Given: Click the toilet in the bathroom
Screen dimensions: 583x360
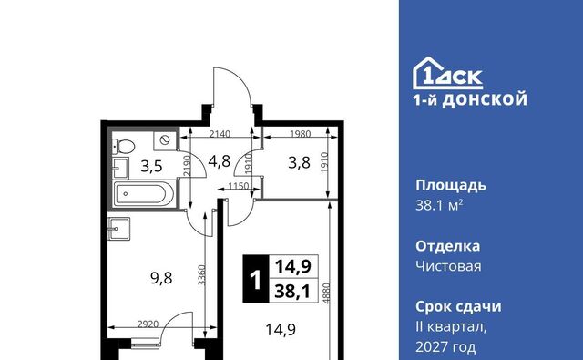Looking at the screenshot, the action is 124,147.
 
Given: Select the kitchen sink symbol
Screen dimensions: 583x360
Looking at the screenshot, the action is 119,229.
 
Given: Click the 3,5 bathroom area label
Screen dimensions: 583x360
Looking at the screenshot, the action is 152,166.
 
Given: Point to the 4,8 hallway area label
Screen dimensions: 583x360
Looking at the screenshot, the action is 220,162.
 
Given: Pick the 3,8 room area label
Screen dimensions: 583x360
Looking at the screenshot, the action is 300,162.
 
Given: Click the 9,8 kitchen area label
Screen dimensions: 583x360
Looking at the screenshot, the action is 161,278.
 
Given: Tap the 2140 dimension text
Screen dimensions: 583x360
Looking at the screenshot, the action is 220,133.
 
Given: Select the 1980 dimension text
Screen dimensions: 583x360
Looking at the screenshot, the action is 300,133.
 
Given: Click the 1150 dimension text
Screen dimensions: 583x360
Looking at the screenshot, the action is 239,185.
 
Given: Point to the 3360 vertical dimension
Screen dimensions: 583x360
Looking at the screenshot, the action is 201,275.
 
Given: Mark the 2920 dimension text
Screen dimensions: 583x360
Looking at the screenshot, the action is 148,324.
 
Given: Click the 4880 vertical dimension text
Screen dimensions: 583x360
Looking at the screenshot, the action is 326,293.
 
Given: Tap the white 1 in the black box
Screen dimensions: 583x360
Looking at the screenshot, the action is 255,279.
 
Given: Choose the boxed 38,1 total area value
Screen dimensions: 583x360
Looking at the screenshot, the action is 292,292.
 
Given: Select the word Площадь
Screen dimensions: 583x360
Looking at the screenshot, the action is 451,185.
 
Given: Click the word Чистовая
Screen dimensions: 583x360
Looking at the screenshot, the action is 448,266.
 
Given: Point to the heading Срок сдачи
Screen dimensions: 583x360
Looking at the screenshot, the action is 458,306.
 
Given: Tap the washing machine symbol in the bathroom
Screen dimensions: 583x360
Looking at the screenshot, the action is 164,140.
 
